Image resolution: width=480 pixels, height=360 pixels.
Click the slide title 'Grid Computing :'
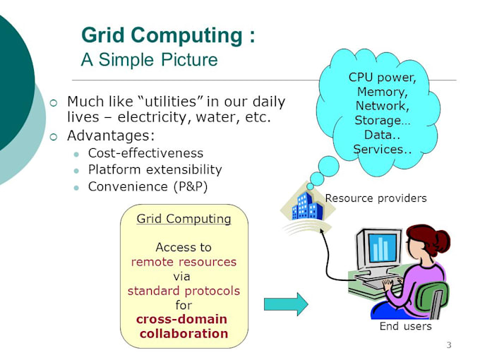click(168, 35)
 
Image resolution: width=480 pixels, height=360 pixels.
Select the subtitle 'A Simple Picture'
click(149, 59)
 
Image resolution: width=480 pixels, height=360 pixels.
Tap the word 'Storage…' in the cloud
click(382, 121)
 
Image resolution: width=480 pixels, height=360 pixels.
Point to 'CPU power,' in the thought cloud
click(382, 78)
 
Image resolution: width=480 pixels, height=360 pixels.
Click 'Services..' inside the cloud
click(382, 149)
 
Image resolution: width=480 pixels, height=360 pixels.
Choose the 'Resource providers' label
click(376, 198)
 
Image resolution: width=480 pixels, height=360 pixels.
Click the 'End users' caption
click(405, 326)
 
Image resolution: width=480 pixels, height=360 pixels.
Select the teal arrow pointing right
click(286, 304)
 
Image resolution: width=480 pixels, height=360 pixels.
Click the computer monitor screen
click(381, 248)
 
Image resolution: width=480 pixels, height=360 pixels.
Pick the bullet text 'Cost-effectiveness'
click(145, 153)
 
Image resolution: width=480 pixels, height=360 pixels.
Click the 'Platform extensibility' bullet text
click(155, 169)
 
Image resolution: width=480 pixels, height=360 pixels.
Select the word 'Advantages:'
click(111, 135)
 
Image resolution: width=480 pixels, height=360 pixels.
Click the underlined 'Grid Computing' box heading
click(184, 219)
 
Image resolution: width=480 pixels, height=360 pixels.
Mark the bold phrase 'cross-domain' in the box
click(181, 319)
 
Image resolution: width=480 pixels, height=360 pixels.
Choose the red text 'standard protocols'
click(184, 290)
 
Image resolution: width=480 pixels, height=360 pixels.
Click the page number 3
click(448, 345)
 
